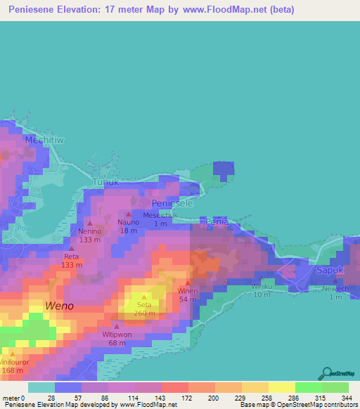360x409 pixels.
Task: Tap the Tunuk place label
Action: click(107, 181)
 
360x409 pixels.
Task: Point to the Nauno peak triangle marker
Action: click(128, 214)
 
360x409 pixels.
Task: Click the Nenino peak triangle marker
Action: click(90, 223)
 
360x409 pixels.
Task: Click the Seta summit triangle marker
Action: click(144, 296)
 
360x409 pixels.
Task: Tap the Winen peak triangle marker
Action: click(188, 283)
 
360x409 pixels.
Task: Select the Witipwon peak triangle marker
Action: click(117, 325)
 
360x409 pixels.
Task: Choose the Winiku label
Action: click(261, 286)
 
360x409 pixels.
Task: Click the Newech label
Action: click(335, 289)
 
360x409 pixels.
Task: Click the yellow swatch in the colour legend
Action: click(281, 387)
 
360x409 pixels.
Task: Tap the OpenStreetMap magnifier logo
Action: click(328, 372)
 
